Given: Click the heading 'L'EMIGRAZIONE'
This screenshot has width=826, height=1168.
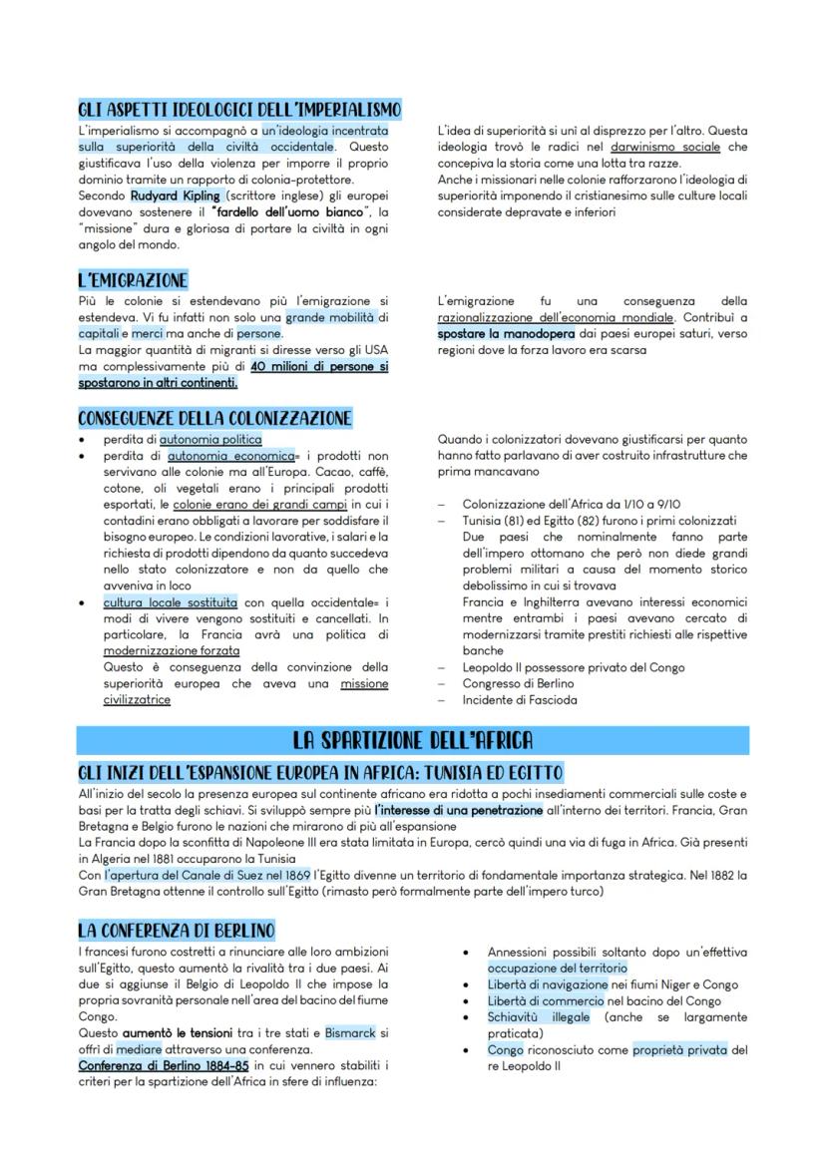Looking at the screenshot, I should [133, 280].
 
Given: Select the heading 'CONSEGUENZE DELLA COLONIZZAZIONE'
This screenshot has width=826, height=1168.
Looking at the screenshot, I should [214, 418].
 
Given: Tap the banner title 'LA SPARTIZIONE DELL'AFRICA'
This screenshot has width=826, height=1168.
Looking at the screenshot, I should [412, 740].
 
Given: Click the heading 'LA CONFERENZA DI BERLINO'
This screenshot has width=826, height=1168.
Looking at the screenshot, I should [176, 930].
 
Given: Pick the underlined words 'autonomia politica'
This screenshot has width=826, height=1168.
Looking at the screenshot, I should [210, 439].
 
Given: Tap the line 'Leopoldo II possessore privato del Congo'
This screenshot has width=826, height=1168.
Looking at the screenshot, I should [574, 667].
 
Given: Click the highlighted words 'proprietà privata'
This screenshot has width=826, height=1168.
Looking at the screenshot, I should [678, 1049].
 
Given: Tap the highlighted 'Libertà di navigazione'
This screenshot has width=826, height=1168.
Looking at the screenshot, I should [548, 984].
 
